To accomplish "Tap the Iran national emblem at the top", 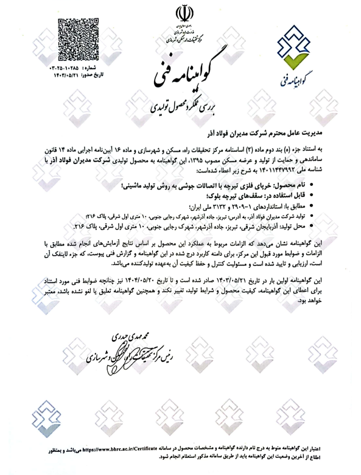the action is pyautogui.click(x=180, y=14).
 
